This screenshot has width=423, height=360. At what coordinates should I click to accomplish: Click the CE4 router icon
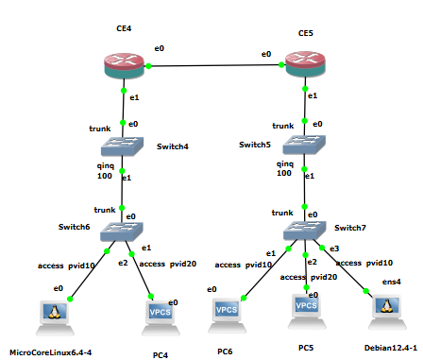[124, 65]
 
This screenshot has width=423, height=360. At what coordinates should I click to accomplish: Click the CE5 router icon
[305, 64]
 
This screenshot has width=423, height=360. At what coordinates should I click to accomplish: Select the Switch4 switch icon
[122, 146]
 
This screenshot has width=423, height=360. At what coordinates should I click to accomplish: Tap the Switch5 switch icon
[304, 145]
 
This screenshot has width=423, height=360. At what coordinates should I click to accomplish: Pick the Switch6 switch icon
[122, 231]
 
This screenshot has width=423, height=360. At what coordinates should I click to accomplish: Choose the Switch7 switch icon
[304, 231]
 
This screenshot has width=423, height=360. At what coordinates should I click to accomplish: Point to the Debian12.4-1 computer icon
[387, 312]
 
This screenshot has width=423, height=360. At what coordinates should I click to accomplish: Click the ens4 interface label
[392, 282]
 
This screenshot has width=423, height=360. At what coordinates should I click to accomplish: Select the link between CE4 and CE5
[214, 65]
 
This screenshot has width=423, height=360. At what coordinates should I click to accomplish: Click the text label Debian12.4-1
[391, 348]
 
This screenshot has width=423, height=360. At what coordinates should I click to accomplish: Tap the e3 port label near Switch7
[334, 249]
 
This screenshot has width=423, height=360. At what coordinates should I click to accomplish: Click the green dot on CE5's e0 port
[281, 64]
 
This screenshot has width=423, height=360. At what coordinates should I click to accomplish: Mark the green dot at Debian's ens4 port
[365, 291]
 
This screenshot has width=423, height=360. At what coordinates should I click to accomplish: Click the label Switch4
[173, 146]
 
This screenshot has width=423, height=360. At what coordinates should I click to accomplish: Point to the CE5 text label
[306, 33]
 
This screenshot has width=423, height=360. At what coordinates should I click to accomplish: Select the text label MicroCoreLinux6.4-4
[51, 352]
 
